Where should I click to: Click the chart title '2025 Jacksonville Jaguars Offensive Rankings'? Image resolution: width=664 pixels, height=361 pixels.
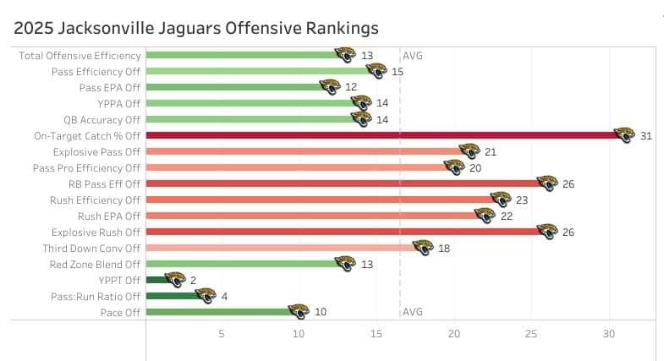[196, 28]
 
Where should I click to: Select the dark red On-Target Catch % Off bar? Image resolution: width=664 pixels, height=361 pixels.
[381, 135]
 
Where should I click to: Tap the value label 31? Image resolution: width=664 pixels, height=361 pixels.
[646, 135]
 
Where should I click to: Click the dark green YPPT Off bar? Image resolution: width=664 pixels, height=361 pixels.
[156, 280]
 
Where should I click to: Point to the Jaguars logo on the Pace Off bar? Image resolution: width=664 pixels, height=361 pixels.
[299, 311]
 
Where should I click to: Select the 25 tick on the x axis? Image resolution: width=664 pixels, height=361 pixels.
[531, 333]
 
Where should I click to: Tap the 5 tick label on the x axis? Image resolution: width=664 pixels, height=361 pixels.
[222, 333]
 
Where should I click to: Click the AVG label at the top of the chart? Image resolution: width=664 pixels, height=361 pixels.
[413, 56]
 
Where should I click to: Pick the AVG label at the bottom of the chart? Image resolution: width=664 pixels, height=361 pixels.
[413, 312]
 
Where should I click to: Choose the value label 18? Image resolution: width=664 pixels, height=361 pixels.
[442, 248]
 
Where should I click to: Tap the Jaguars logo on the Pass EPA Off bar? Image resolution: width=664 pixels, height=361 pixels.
[330, 87]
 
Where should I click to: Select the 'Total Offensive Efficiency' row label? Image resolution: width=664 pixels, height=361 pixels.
[80, 56]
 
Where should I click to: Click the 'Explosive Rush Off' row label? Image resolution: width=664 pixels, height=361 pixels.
[96, 232]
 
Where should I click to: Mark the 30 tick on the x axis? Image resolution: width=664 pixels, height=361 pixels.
[608, 333]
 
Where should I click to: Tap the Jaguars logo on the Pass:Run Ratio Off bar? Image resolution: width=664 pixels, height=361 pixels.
[206, 295]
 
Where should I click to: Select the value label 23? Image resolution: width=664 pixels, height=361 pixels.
[522, 200]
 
